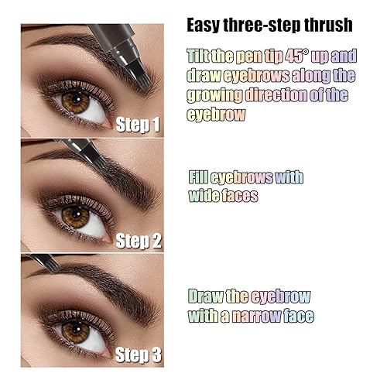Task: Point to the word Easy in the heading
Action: pos(206,25)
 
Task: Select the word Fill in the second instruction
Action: pos(200,176)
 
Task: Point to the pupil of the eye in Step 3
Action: pos(76,330)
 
